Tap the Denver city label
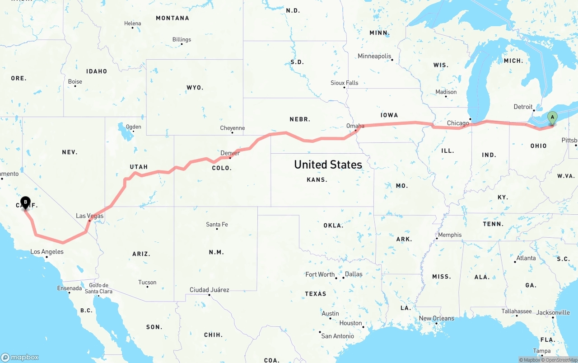[x=230, y=153]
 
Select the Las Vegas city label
[x=89, y=216]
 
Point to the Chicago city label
[x=458, y=123]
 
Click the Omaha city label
[x=355, y=126]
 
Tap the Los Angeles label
[x=47, y=252]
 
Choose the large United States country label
[x=328, y=165]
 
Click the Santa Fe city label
[x=217, y=224]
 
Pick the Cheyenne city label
[x=232, y=128]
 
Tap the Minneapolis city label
[x=374, y=56]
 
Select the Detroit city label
[x=523, y=107]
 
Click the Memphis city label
[x=450, y=235]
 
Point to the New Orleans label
[x=436, y=318]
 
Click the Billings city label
[x=182, y=39]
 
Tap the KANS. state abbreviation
[x=317, y=179]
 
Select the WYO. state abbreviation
[x=195, y=87]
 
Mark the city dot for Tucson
[x=148, y=287]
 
